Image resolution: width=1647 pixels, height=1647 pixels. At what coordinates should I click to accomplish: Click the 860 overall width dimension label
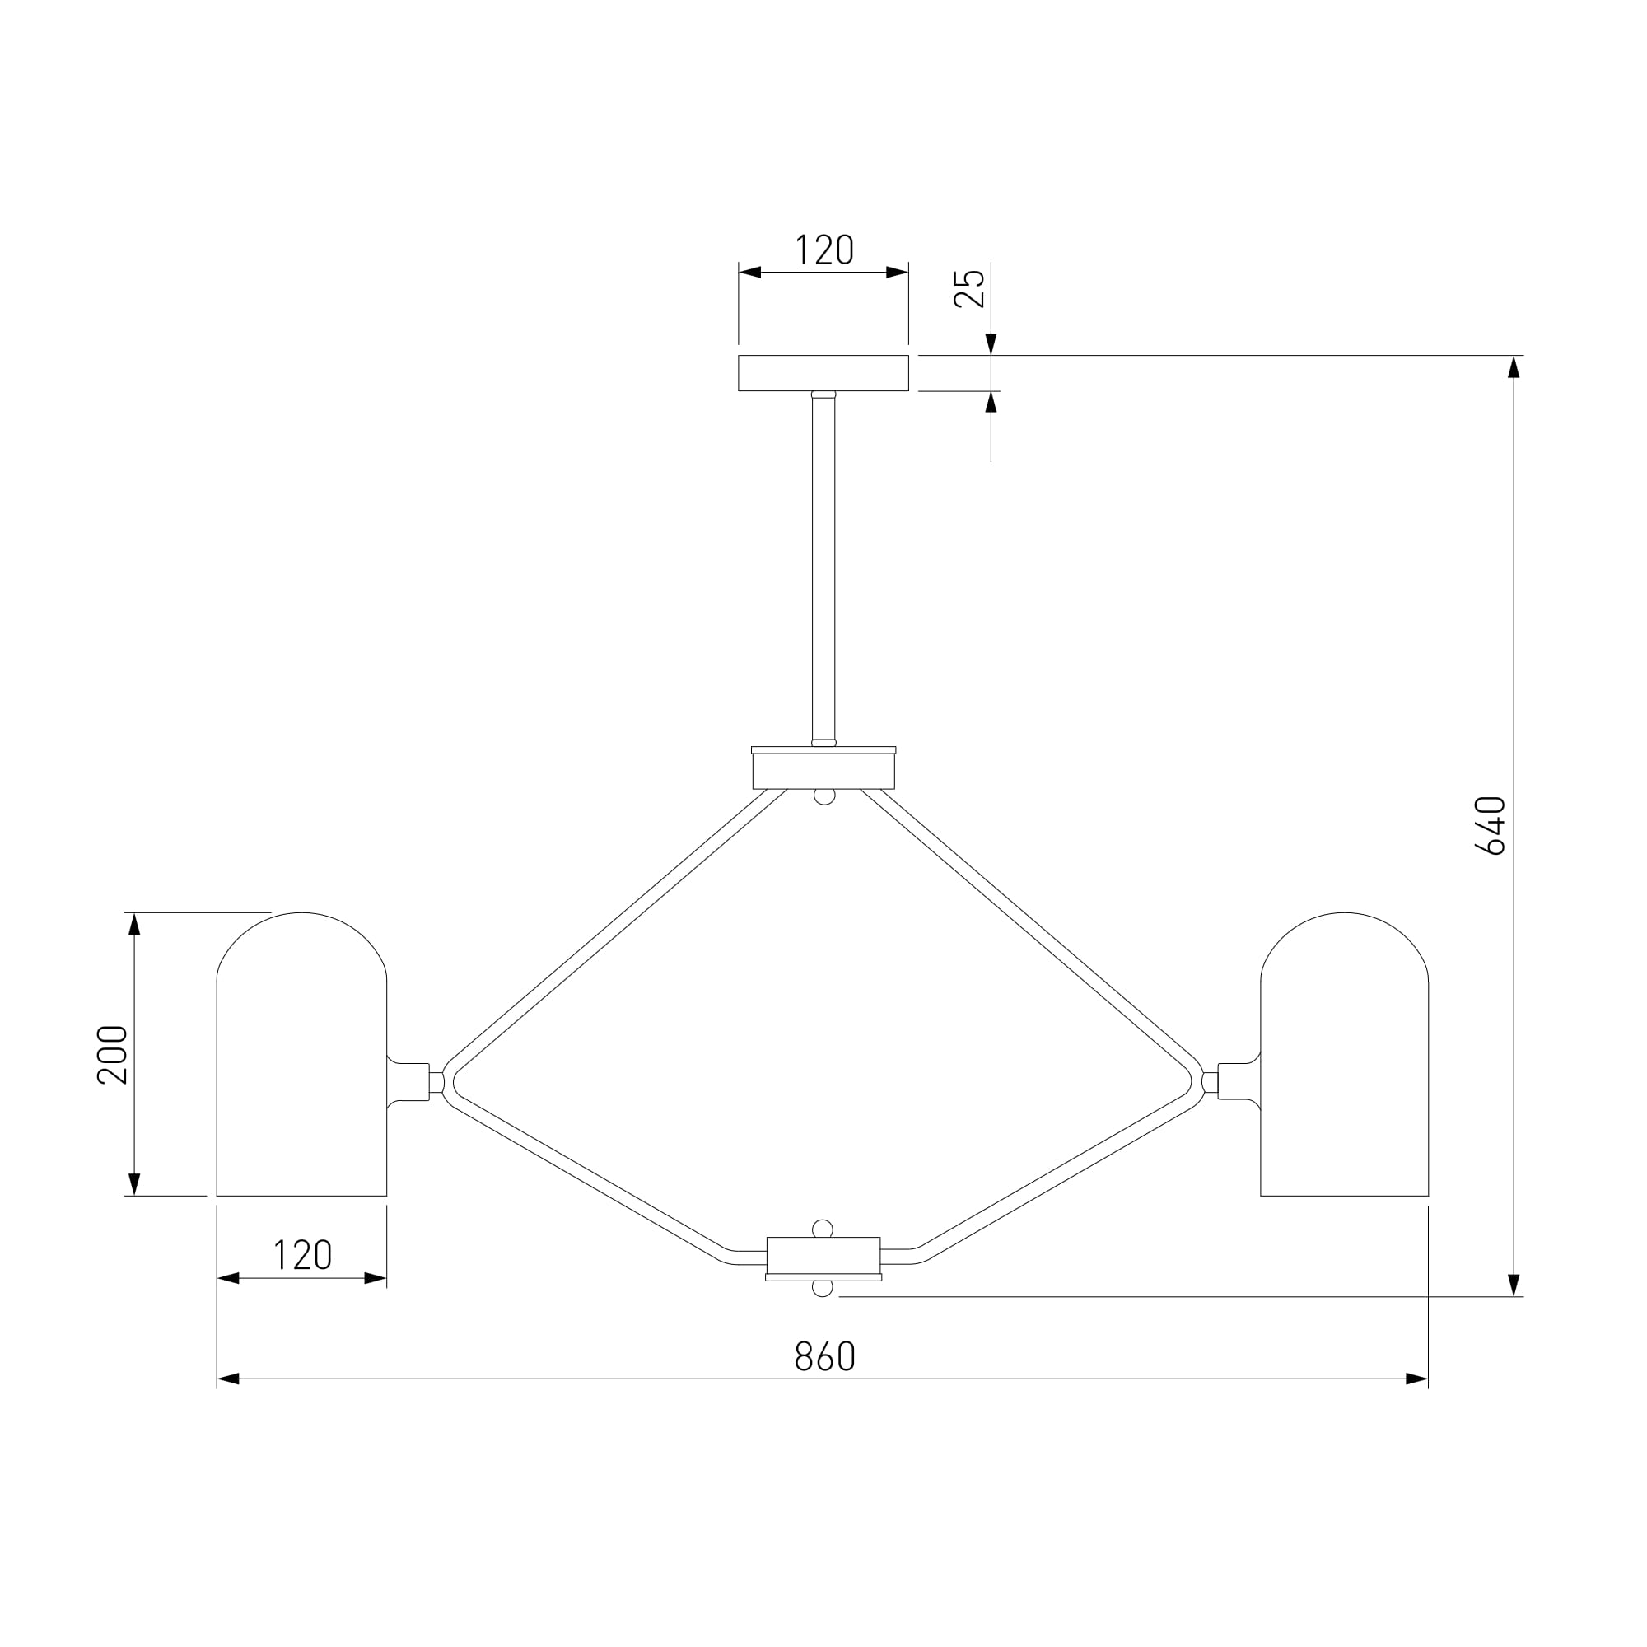pos(824,1356)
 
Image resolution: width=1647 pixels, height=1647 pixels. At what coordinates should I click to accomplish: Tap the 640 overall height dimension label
pos(1491,825)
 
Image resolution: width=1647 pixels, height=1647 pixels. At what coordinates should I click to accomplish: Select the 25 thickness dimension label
pos(969,288)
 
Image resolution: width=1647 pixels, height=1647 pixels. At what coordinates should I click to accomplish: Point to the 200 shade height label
pos(113,1055)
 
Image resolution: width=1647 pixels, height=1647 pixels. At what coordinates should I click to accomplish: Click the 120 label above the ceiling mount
pos(824,250)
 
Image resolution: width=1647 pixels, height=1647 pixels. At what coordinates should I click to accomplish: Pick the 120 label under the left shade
pos(302,1255)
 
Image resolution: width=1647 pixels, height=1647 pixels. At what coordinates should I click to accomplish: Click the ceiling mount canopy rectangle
pos(823,373)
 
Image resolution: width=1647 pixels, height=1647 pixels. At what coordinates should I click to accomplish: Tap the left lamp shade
pos(301,1055)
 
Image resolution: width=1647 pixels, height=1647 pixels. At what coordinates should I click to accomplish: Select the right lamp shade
pos(1345,1055)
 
